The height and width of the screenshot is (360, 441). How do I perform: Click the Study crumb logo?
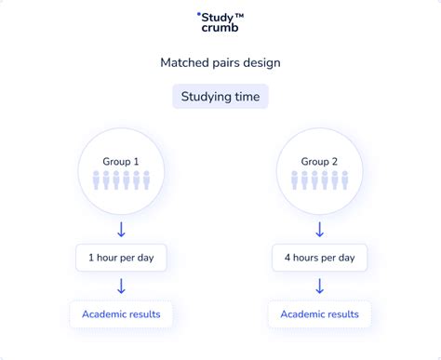[220, 20]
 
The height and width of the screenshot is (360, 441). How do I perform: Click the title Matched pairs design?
[220, 63]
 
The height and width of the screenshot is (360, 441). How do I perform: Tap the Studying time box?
[220, 96]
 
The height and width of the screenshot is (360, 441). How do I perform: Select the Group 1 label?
[121, 161]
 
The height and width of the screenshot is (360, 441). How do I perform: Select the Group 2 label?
[319, 161]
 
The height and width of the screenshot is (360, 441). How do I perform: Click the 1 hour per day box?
[121, 257]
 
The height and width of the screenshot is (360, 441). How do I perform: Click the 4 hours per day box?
[319, 257]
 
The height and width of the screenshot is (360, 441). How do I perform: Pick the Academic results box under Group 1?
[121, 314]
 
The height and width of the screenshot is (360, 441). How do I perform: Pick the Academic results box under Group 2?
[319, 314]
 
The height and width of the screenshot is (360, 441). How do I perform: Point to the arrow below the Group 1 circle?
[121, 228]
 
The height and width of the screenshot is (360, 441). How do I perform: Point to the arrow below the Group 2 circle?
[319, 228]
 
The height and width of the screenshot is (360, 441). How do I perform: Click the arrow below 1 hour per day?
[121, 286]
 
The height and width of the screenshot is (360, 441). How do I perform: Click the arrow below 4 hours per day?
[319, 286]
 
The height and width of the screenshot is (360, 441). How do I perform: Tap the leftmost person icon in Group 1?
[96, 180]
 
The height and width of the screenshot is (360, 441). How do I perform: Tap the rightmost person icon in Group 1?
[146, 180]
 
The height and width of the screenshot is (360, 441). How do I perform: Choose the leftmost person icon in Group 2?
[295, 180]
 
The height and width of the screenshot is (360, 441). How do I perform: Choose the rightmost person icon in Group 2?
[344, 180]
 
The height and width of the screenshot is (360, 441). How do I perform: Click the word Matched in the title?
[184, 63]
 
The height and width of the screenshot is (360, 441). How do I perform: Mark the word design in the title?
[261, 63]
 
